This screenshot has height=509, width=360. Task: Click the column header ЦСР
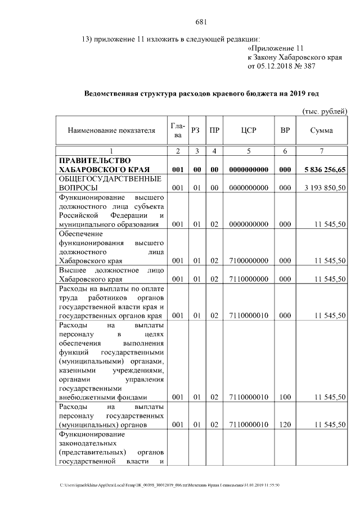[248, 130]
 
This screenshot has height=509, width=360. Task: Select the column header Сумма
[321, 130]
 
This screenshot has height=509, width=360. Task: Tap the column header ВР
[285, 130]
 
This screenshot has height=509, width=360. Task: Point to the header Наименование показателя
[111, 130]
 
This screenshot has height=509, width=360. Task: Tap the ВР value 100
[285, 397]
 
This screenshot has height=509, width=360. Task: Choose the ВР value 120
[285, 425]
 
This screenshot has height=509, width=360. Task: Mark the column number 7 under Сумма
[321, 151]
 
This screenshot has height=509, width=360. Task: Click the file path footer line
[174, 485]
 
